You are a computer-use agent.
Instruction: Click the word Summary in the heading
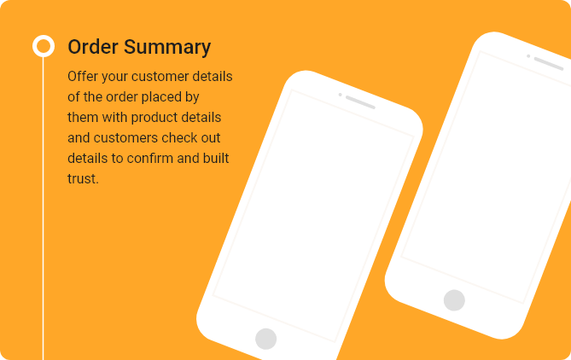[167, 48]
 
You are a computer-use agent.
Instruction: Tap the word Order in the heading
[93, 47]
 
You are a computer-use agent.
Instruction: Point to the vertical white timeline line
[43, 208]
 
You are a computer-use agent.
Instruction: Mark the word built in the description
[216, 159]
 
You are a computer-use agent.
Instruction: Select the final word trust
[83, 179]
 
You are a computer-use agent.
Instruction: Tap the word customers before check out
[125, 138]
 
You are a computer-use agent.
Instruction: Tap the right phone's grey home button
[454, 300]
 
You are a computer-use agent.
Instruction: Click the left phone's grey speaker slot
[360, 102]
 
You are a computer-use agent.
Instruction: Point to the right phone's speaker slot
[549, 64]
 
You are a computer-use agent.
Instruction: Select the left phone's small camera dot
[340, 95]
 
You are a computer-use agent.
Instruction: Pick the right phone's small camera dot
[528, 56]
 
